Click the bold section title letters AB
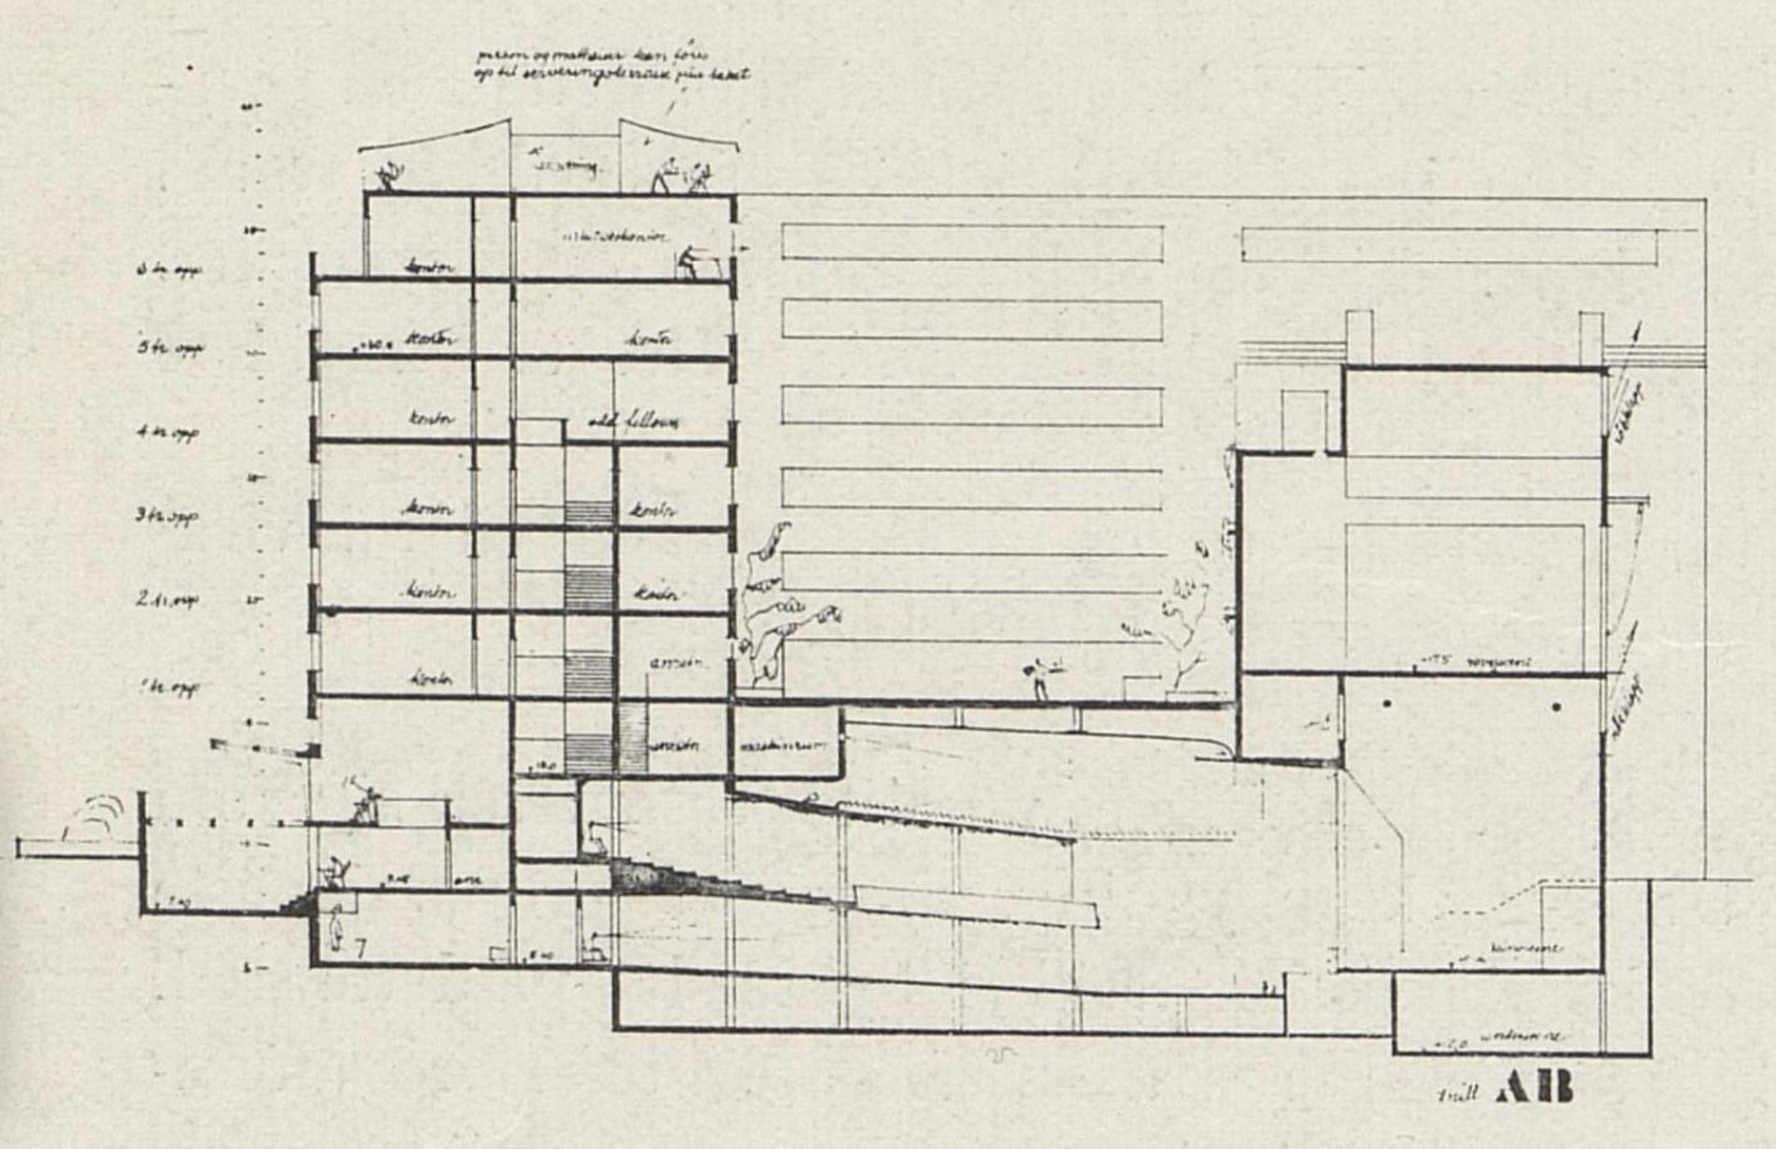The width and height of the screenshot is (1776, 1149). [x=1534, y=1087]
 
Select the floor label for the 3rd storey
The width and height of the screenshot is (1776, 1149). [x=167, y=515]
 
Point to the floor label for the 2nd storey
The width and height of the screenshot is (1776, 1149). [x=166, y=599]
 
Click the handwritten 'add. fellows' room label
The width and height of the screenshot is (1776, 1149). [x=633, y=423]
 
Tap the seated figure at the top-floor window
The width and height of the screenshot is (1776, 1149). [x=690, y=262]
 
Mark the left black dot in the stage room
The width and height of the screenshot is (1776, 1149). [x=1387, y=704]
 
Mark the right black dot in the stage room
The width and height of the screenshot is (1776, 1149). [x=1555, y=708]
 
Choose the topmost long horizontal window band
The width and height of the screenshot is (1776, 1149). [x=972, y=242]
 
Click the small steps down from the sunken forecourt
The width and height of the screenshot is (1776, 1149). [x=298, y=903]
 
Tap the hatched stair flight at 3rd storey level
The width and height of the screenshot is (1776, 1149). [x=589, y=512]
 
